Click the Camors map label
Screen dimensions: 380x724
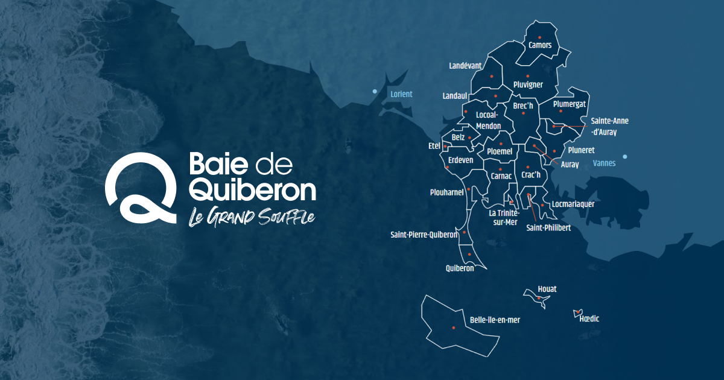pyautogui.click(x=540, y=45)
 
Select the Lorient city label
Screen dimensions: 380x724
pyautogui.click(x=401, y=94)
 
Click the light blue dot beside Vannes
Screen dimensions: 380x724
pyautogui.click(x=625, y=157)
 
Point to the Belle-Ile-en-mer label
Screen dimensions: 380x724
pyautogui.click(x=495, y=320)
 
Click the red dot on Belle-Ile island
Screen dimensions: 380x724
pyautogui.click(x=453, y=328)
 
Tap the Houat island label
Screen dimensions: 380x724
pyautogui.click(x=547, y=289)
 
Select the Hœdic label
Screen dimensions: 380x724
pyautogui.click(x=589, y=318)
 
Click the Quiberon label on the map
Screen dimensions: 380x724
pyautogui.click(x=460, y=268)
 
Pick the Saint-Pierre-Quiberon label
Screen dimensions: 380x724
pyautogui.click(x=424, y=235)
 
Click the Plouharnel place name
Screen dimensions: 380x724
pyautogui.click(x=447, y=192)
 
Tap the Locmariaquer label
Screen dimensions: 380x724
pyautogui.click(x=573, y=204)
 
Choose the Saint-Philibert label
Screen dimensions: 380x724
pyautogui.click(x=548, y=228)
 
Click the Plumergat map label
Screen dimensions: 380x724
pyautogui.click(x=570, y=104)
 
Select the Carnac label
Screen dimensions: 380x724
pyautogui.click(x=501, y=176)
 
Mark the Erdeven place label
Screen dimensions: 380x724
pyautogui.click(x=461, y=160)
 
